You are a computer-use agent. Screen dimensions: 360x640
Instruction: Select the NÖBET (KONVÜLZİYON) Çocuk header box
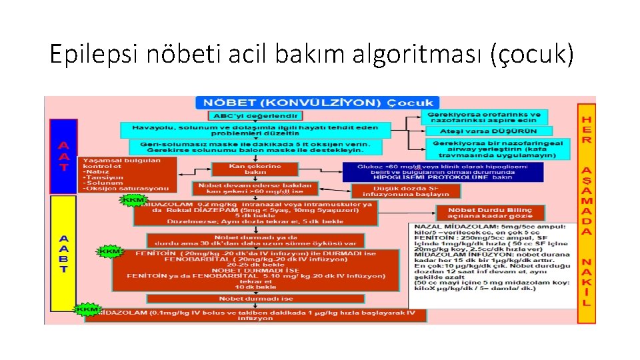tap(316, 103)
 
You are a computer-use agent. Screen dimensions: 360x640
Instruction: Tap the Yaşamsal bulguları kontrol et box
tap(127, 175)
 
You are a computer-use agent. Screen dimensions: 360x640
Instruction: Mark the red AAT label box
tap(63, 156)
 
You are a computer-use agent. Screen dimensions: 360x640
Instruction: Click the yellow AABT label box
tap(63, 253)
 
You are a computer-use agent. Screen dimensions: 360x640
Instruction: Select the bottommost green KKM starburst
tap(87, 309)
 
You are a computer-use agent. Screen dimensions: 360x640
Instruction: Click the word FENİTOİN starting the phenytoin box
tap(155, 253)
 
